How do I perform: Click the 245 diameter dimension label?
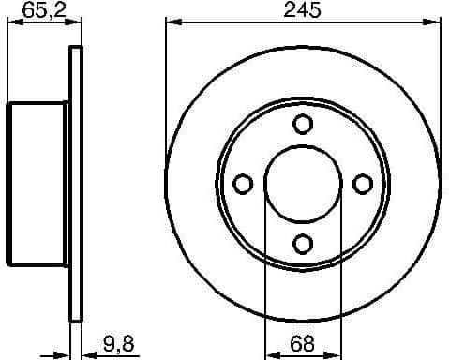[x=302, y=11]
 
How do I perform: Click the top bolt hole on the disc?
[x=302, y=124]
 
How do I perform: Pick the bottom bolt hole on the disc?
[x=302, y=244]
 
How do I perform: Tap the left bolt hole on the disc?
[x=242, y=184]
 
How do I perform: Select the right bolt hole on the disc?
[x=362, y=184]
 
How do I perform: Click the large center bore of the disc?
[x=302, y=184]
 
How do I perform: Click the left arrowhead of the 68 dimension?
[x=271, y=352]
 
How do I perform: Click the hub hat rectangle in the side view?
[x=37, y=184]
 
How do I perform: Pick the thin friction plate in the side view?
[x=74, y=184]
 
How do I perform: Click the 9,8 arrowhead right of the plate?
[x=86, y=352]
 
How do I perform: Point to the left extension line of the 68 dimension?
[x=265, y=281]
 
